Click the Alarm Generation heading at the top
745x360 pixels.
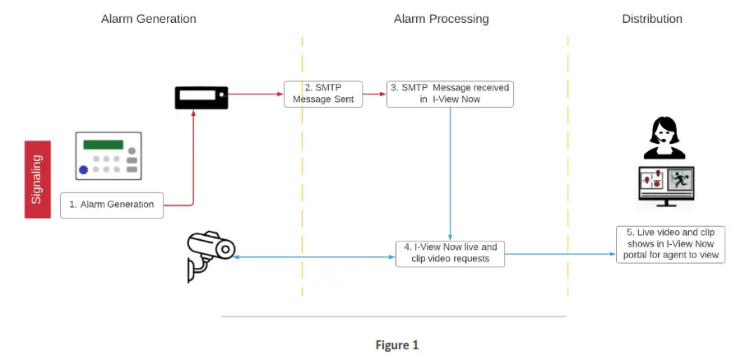[148, 19]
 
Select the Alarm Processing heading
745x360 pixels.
[441, 19]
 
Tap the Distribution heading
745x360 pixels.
[652, 19]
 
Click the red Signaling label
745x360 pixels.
[38, 179]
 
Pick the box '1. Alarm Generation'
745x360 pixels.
[112, 205]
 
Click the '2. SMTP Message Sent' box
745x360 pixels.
[323, 94]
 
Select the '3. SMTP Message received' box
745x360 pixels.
[450, 94]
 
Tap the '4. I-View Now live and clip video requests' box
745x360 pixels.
[450, 254]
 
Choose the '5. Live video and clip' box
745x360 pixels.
[670, 245]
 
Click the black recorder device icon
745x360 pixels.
[201, 98]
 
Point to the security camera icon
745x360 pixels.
[211, 256]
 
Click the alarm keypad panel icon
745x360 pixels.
[109, 156]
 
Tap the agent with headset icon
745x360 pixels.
[664, 138]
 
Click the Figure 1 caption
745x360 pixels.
[396, 345]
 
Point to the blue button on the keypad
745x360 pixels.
[84, 169]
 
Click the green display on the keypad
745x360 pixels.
[103, 145]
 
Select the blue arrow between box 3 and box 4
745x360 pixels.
[450, 173]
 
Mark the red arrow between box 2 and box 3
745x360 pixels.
[374, 94]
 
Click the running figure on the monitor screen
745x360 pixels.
[680, 179]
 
